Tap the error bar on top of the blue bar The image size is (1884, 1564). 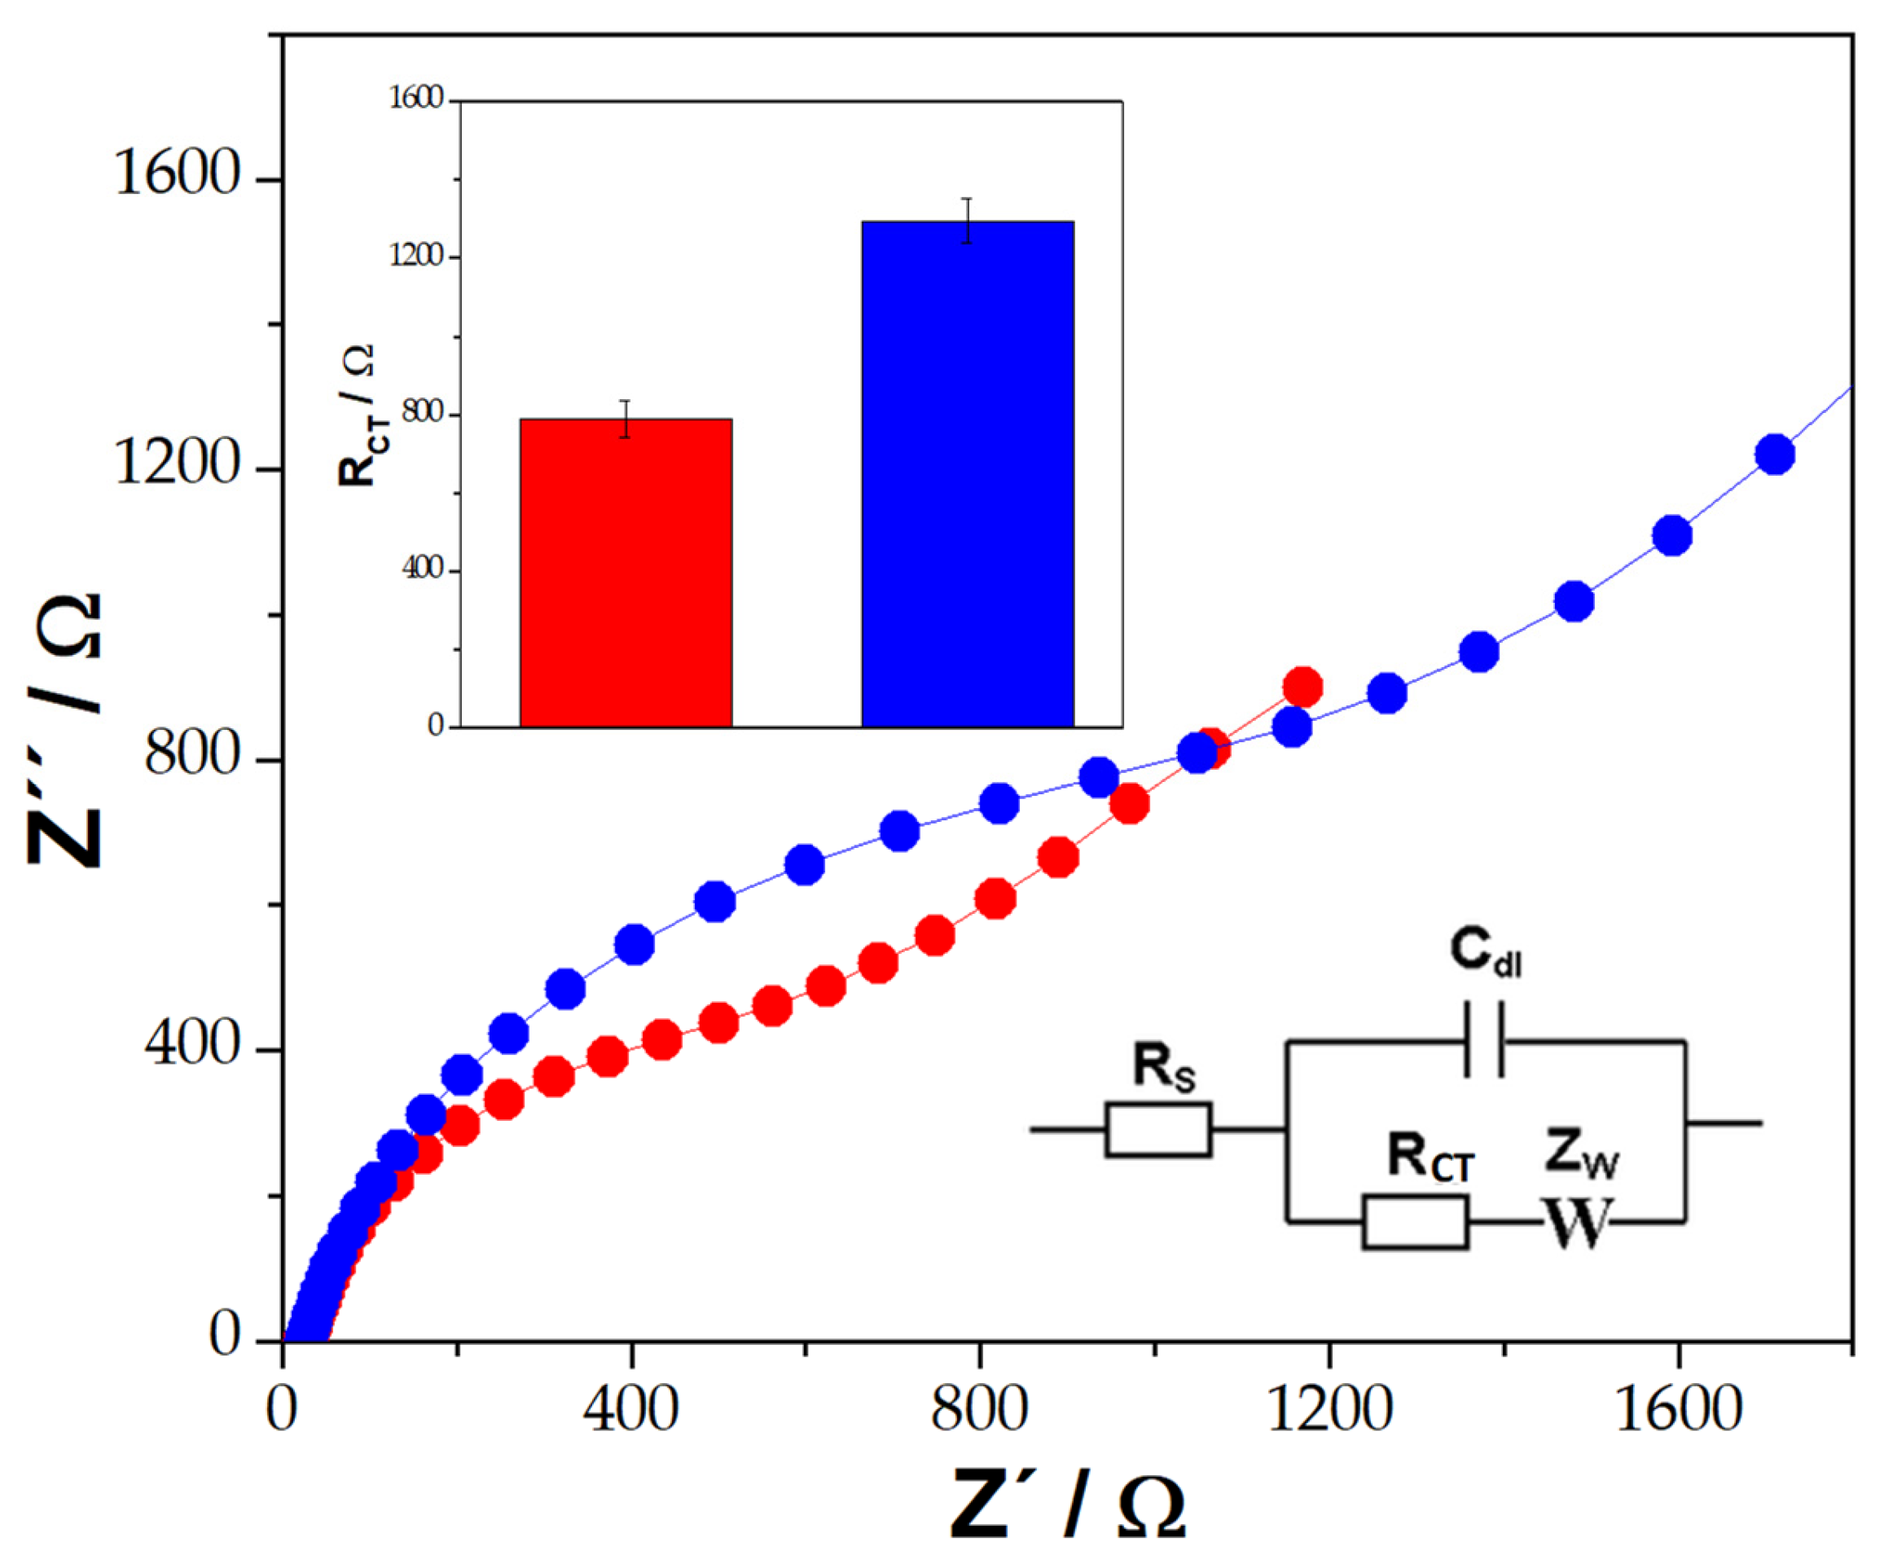967,221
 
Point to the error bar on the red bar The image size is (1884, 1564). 626,419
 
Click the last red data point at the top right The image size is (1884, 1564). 1302,688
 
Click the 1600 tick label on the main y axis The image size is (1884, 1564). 178,174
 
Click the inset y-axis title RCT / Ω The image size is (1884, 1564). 357,415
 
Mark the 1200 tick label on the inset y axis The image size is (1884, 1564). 416,257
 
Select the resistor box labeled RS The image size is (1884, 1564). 1158,1129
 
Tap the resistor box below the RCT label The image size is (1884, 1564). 1415,1221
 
